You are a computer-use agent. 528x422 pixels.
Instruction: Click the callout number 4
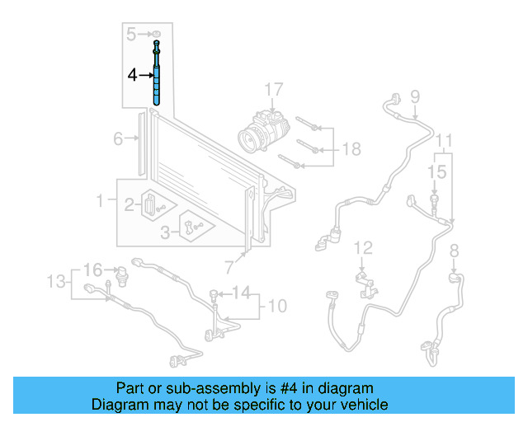click(132, 75)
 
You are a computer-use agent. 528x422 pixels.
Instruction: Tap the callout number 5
click(130, 34)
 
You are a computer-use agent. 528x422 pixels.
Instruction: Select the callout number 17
click(273, 89)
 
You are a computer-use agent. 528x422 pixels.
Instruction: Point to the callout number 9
click(414, 96)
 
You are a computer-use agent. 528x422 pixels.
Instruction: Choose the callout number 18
click(351, 149)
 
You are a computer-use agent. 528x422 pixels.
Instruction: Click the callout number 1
click(101, 199)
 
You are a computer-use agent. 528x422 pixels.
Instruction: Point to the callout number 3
click(165, 233)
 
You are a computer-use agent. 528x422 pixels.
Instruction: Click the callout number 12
click(364, 247)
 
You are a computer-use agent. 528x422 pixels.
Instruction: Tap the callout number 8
click(453, 251)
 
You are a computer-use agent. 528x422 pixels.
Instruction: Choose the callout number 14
click(240, 292)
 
